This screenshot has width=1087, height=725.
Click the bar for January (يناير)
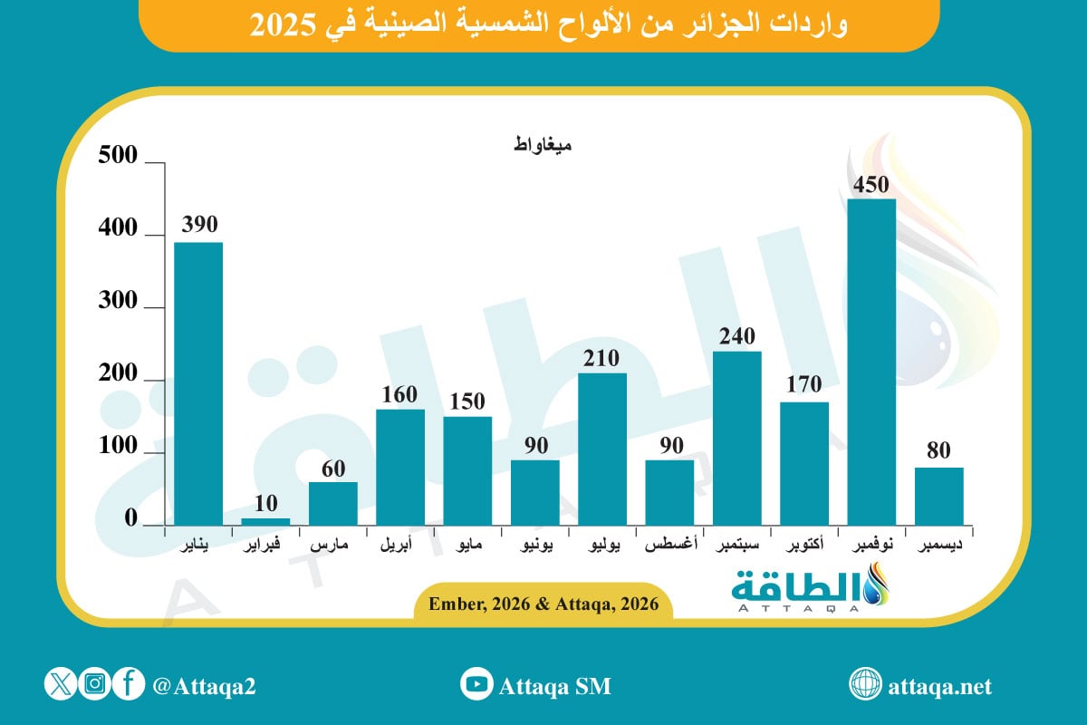click(x=198, y=383)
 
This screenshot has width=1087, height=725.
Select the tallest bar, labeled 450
click(x=871, y=362)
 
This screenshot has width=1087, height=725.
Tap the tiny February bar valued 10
click(x=265, y=521)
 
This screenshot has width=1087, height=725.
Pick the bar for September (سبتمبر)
click(x=736, y=438)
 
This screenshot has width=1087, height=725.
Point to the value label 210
click(x=602, y=356)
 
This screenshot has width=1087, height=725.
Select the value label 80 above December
click(x=939, y=450)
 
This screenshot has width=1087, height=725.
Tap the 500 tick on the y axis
click(x=118, y=158)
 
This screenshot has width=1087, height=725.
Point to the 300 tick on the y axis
click(x=118, y=303)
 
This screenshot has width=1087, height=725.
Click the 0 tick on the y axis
click(x=130, y=520)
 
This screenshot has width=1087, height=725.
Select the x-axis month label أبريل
click(x=399, y=547)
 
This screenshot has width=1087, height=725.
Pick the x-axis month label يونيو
click(x=534, y=547)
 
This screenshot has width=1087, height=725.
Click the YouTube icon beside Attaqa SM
click(x=476, y=685)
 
